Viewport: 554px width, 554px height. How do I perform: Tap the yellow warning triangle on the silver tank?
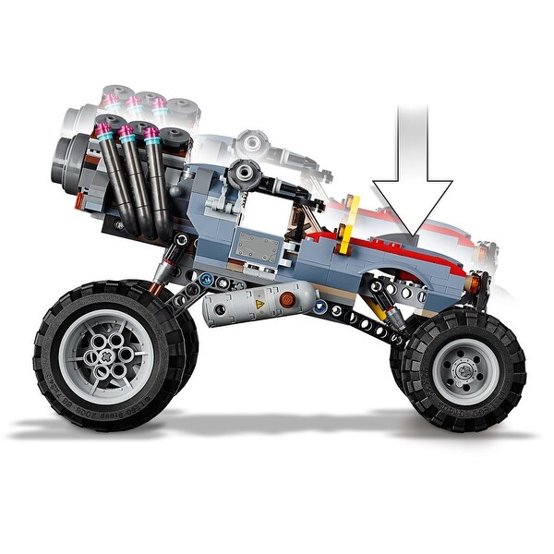tap(259, 303)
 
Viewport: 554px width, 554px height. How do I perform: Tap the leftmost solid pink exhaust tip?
tap(103, 130)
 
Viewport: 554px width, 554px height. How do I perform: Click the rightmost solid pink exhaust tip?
tap(151, 136)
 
